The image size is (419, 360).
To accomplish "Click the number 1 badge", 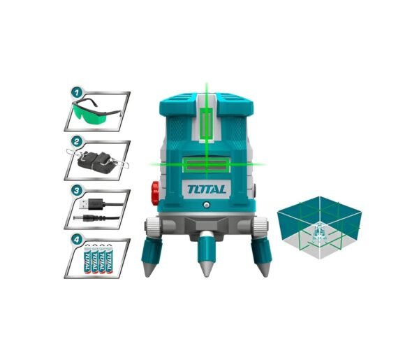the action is click(x=77, y=93).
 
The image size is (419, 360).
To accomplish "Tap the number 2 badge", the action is click(x=77, y=142).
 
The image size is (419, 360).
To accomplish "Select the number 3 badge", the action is click(x=77, y=191).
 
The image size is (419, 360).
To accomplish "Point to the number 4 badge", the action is click(x=77, y=240).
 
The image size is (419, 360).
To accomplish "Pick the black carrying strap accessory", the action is click(x=97, y=161).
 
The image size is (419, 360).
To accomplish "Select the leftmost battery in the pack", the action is click(x=88, y=259).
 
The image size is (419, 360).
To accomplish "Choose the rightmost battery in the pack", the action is click(x=110, y=259).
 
